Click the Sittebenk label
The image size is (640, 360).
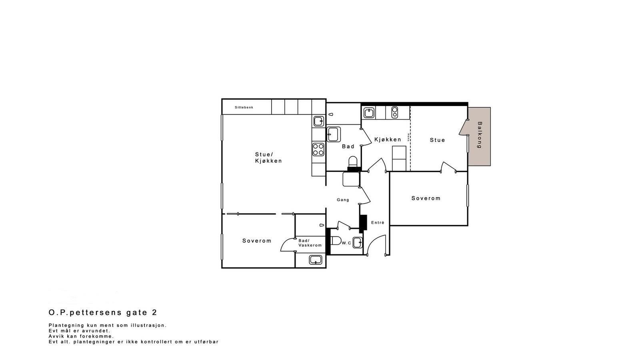[244, 107]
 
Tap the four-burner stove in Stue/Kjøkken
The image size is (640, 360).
[318, 150]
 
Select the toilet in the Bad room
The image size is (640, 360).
[352, 162]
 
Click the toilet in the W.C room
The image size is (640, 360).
[336, 241]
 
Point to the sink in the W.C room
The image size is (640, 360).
[357, 242]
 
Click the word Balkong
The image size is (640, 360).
[480, 135]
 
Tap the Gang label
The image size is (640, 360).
[343, 200]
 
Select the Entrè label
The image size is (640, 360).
[378, 223]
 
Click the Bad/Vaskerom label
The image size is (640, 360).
[310, 243]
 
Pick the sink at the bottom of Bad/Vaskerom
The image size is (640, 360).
[316, 260]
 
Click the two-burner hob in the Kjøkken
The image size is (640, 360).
[395, 112]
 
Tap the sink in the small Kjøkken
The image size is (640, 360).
[368, 113]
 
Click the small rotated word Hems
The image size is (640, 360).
[408, 137]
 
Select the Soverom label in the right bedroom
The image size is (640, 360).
[426, 198]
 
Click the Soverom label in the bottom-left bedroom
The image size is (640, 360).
[256, 241]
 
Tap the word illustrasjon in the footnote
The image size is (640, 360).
[149, 325]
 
